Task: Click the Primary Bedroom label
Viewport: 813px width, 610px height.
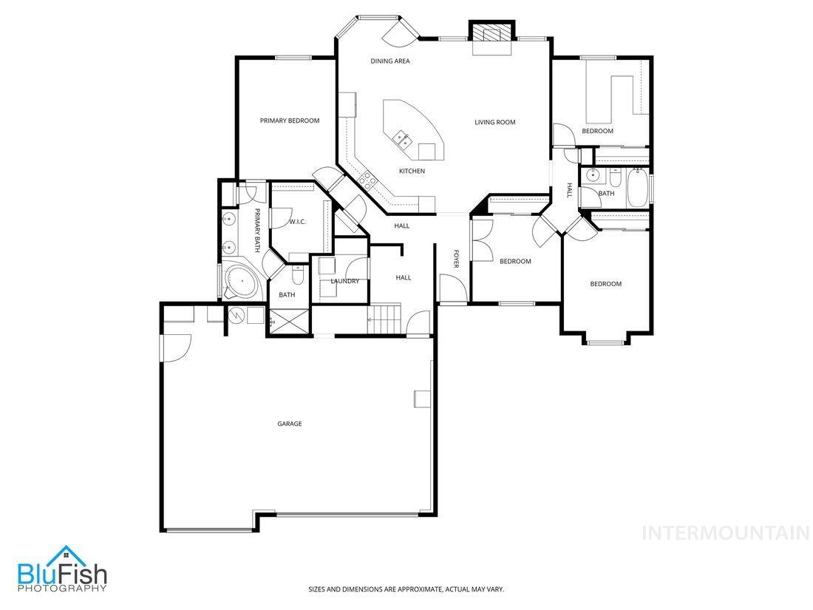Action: (x=289, y=121)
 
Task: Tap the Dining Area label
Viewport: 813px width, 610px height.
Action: (x=390, y=61)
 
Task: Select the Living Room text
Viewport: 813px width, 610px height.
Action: (x=494, y=122)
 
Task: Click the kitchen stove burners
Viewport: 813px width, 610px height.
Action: (x=367, y=177)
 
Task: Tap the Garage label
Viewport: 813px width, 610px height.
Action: (x=289, y=424)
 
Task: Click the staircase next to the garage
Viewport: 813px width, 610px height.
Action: (x=384, y=319)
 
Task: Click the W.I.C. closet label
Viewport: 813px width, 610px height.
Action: (x=297, y=221)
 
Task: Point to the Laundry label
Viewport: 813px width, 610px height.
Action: (x=344, y=281)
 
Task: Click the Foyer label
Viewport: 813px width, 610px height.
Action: (x=456, y=258)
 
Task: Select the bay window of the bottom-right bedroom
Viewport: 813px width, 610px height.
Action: (x=605, y=341)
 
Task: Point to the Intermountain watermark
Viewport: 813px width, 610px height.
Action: (x=725, y=532)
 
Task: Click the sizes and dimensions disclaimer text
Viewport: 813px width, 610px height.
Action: (x=406, y=589)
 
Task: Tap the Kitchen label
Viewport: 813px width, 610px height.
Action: (x=412, y=172)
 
